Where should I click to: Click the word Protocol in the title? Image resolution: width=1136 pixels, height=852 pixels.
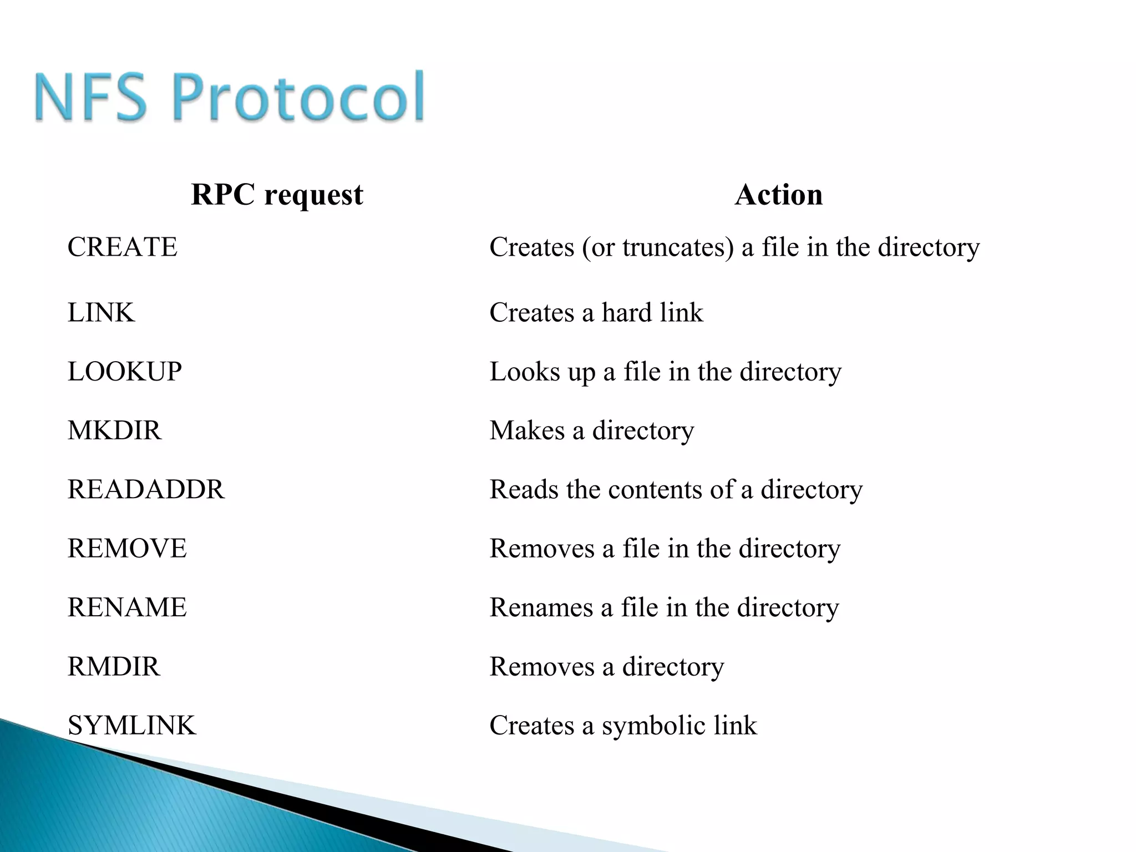(299, 97)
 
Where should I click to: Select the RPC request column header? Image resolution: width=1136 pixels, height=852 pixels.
(277, 195)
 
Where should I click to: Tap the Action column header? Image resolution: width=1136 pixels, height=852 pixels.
(779, 195)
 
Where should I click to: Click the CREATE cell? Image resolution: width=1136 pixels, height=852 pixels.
(123, 247)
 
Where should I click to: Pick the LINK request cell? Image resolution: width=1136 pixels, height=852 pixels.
(101, 312)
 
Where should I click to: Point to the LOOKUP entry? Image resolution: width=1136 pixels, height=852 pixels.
(125, 372)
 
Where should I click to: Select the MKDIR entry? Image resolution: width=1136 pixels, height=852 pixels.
(115, 430)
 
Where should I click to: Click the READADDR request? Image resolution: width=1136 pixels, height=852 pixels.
(146, 490)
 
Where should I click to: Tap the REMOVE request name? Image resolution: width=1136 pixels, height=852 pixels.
(127, 549)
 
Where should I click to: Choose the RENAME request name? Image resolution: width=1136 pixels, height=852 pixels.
(127, 607)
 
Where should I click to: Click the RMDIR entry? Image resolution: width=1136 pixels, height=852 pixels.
(114, 667)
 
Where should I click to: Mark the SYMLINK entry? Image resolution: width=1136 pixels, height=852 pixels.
(132, 726)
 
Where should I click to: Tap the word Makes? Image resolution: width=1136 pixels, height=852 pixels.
(527, 430)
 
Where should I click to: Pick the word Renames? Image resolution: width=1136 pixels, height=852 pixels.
(541, 607)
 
